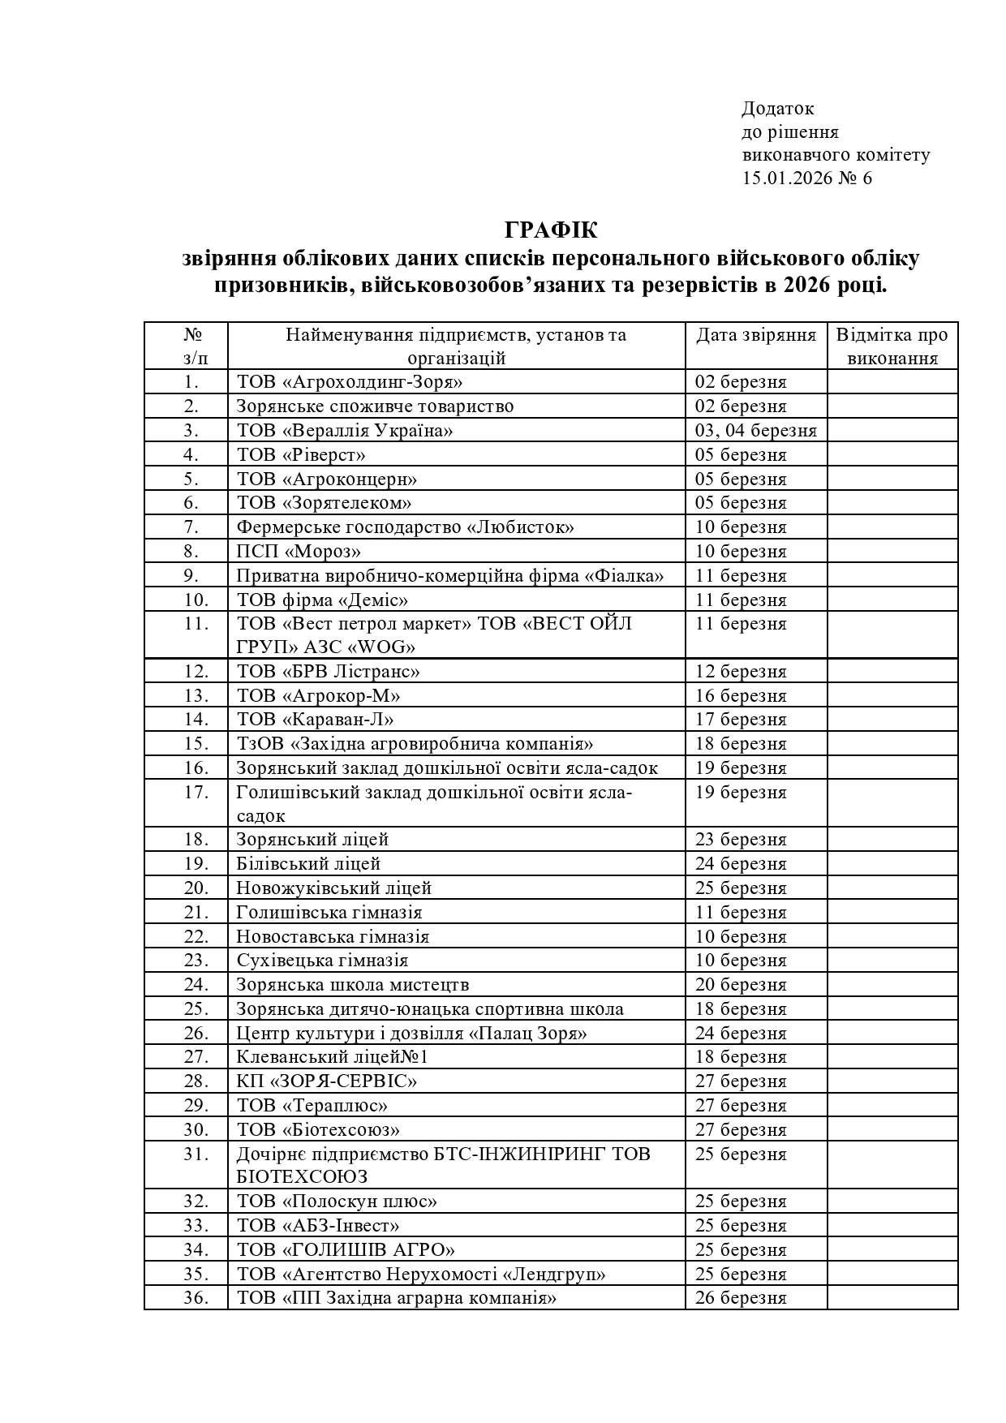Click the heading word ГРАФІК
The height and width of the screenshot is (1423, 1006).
click(x=551, y=230)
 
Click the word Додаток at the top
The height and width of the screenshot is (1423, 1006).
click(x=777, y=109)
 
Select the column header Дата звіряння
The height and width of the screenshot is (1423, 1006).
click(x=755, y=335)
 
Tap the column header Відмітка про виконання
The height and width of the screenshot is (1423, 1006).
click(x=892, y=346)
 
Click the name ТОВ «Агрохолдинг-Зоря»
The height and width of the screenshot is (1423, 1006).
click(x=350, y=382)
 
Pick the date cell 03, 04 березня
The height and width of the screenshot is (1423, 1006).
click(x=755, y=430)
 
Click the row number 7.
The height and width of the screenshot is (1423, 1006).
click(x=191, y=527)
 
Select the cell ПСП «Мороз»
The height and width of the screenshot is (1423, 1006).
click(x=299, y=552)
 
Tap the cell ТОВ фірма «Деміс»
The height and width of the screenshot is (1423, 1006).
click(x=322, y=600)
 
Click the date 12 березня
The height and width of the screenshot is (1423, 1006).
click(x=741, y=672)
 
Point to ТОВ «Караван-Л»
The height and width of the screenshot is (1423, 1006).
click(x=316, y=720)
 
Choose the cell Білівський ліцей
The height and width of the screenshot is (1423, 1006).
click(x=308, y=864)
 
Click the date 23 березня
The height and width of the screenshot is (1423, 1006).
click(x=741, y=840)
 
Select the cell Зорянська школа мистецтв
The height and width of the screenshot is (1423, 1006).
click(x=353, y=985)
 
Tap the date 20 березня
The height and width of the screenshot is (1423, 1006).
click(x=741, y=985)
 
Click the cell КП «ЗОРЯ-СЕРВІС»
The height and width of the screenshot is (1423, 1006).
click(x=327, y=1081)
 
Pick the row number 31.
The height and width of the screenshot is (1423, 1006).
click(x=196, y=1154)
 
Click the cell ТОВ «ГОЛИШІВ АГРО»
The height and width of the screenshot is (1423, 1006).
click(x=346, y=1250)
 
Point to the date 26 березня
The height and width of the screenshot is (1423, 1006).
click(x=741, y=1298)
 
